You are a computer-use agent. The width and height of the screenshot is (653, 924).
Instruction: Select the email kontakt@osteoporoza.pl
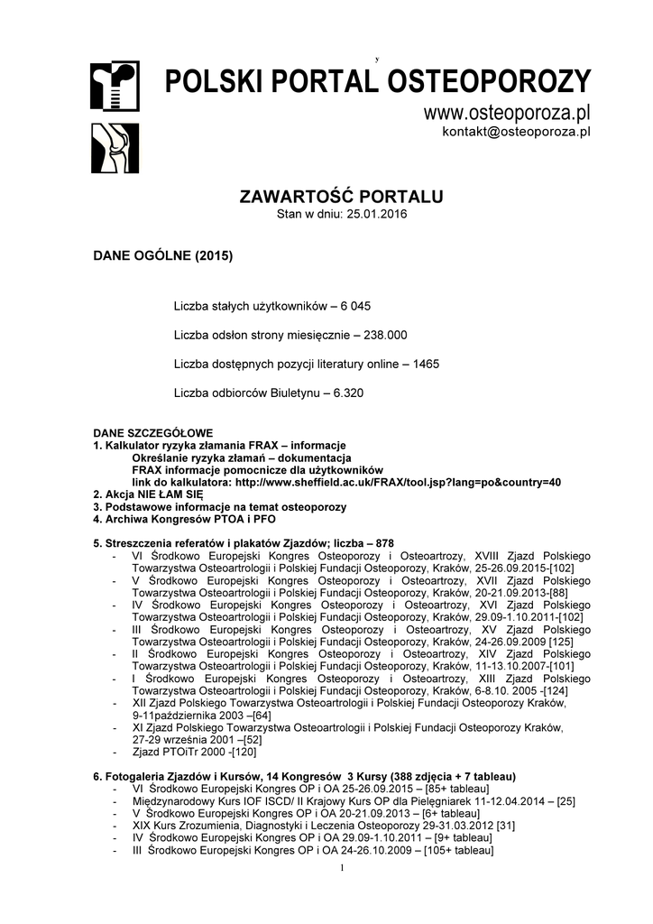click(516, 132)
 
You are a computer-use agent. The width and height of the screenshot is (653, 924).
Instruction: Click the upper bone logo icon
click(115, 86)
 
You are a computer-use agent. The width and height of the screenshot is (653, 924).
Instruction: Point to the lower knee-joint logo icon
click(115, 148)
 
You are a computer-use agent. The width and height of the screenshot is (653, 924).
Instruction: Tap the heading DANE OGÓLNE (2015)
click(163, 255)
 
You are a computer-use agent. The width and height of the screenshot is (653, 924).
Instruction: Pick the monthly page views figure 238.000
click(385, 335)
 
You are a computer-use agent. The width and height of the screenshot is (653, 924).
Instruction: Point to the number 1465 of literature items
click(426, 364)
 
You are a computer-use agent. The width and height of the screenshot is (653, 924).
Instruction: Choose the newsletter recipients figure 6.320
click(348, 393)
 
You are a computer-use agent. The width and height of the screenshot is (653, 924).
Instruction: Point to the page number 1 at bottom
click(344, 868)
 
